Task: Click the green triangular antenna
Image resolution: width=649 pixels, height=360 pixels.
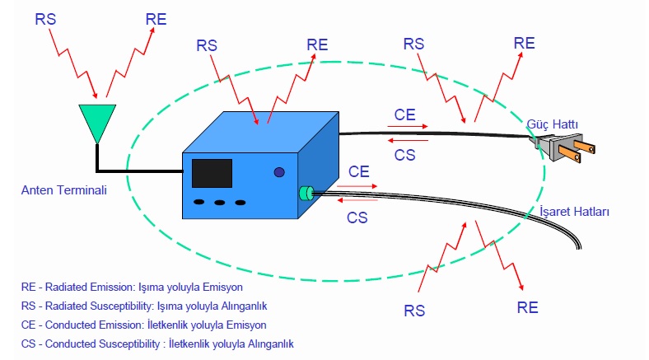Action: coord(97,121)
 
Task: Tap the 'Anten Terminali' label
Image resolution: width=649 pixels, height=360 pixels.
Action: coord(63,190)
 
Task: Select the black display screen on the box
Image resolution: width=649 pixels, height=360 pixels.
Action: coord(212,173)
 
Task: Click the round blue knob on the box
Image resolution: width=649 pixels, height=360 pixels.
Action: coord(279,172)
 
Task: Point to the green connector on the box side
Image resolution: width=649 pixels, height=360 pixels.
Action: coord(306,194)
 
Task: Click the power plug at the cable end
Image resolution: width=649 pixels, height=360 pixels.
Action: coord(563,147)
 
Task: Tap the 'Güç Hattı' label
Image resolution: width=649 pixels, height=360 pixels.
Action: coord(552,124)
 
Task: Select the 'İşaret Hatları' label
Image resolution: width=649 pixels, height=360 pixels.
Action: coord(574,212)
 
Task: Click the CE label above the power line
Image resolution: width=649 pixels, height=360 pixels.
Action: coord(404,115)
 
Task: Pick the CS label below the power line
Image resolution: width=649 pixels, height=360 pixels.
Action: coord(404,155)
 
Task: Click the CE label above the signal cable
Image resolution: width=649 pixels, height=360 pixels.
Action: coord(358,171)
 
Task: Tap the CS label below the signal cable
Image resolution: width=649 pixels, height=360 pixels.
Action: coord(357,217)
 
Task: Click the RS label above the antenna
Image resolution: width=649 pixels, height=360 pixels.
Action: coord(45,19)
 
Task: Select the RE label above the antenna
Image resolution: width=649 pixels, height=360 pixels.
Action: coord(156,19)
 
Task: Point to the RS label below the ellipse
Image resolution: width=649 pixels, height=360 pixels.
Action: coord(414,311)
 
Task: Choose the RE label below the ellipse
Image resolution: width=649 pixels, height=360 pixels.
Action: coord(527,307)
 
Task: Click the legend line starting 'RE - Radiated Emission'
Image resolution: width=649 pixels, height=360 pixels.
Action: coord(132,288)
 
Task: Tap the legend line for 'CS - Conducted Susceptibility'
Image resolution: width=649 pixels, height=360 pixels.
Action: coord(157,344)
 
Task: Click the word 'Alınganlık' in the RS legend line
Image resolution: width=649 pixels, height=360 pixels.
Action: coord(245,306)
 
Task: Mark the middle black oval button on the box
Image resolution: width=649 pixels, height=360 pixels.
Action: coord(219,203)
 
